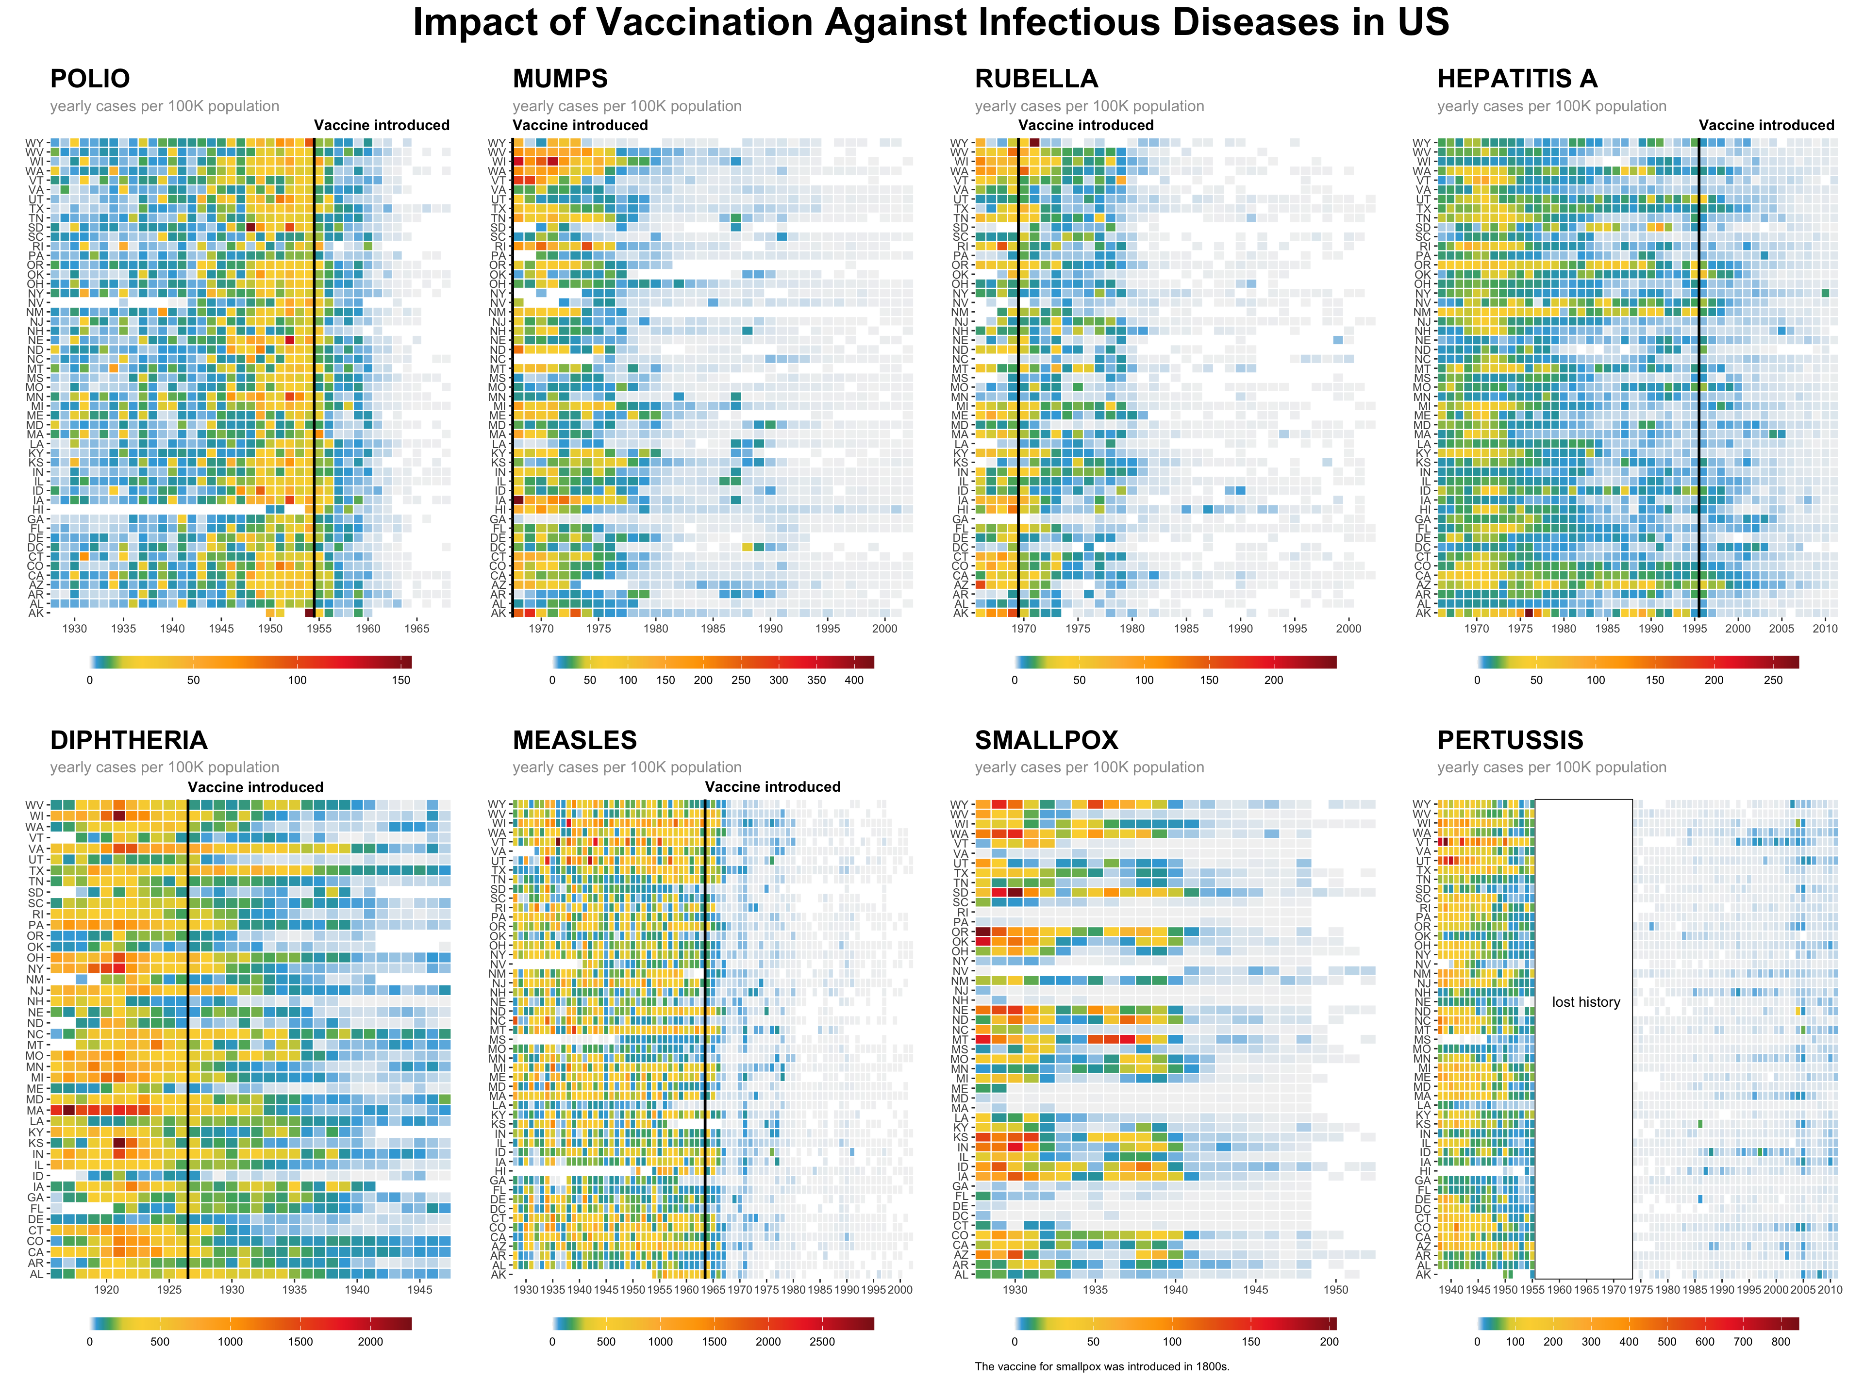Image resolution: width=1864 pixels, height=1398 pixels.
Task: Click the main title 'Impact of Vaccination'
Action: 931,23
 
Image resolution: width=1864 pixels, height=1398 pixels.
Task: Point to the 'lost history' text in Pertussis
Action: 1586,1002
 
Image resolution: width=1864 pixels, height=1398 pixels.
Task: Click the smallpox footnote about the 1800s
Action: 1101,1366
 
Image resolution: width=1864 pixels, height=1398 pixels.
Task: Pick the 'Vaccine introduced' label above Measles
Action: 773,786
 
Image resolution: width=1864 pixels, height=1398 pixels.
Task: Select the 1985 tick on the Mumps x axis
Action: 713,629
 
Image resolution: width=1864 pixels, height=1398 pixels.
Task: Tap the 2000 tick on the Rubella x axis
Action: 1348,629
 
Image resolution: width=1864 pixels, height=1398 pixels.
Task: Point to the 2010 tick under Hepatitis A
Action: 1825,629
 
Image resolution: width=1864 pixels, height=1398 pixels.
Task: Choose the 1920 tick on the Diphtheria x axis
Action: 106,1289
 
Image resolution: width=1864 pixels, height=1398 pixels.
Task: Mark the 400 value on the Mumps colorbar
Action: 854,680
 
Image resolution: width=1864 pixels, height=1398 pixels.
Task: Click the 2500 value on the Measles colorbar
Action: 822,1342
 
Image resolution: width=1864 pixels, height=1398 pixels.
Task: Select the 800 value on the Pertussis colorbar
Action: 1781,1342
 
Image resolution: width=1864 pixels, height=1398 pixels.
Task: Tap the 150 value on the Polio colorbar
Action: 401,680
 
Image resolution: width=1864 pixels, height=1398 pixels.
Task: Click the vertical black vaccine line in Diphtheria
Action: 188,1036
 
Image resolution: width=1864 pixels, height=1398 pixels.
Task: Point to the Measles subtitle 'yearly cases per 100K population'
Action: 627,767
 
